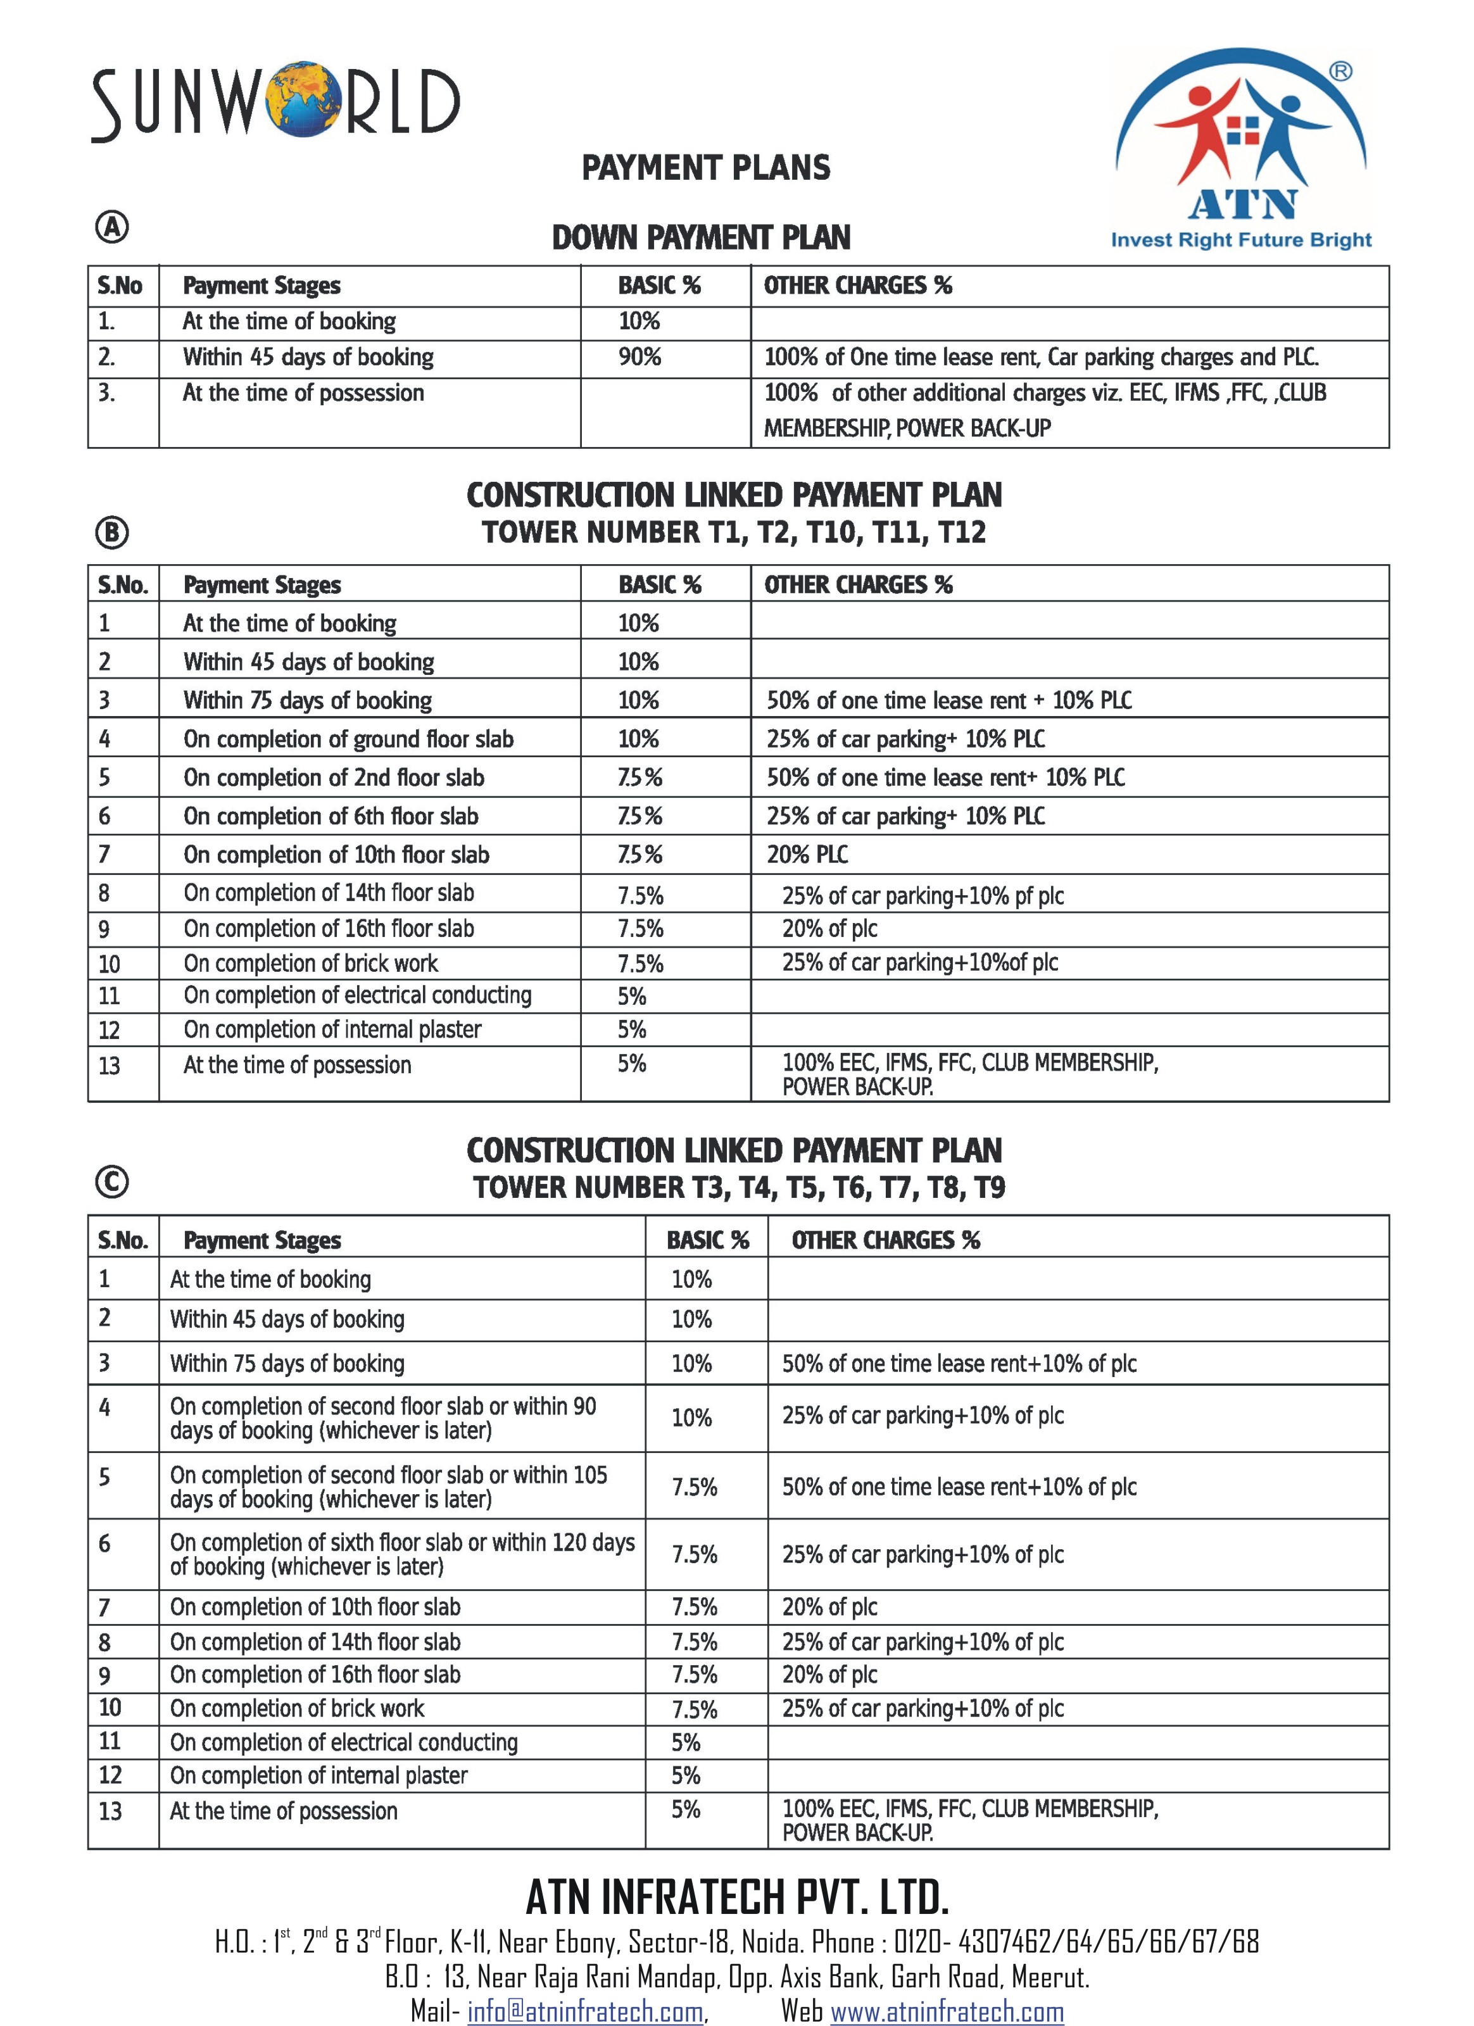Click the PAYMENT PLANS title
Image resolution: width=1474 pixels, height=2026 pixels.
tap(706, 168)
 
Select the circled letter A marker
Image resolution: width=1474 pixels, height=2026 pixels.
tap(111, 228)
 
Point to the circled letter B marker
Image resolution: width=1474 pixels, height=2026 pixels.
tap(111, 532)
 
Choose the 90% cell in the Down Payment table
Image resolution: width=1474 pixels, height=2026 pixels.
tap(639, 357)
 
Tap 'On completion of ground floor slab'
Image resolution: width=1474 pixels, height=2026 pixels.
tap(348, 739)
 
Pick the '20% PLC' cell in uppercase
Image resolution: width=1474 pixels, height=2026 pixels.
tap(807, 855)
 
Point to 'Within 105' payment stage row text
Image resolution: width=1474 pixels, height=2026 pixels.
tap(389, 1487)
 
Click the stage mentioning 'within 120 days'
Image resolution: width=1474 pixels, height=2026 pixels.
tap(402, 1554)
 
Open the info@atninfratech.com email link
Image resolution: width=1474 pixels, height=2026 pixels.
tap(585, 2011)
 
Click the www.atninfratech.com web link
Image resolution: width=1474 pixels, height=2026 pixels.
tap(947, 2011)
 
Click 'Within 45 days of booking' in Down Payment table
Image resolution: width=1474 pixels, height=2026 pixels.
tap(308, 357)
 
